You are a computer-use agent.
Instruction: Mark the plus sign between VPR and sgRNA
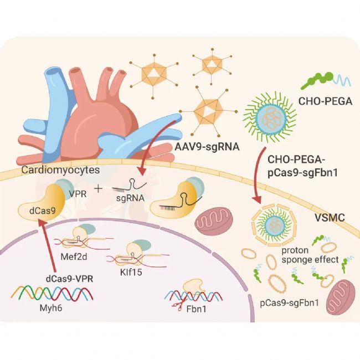(x=99, y=189)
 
